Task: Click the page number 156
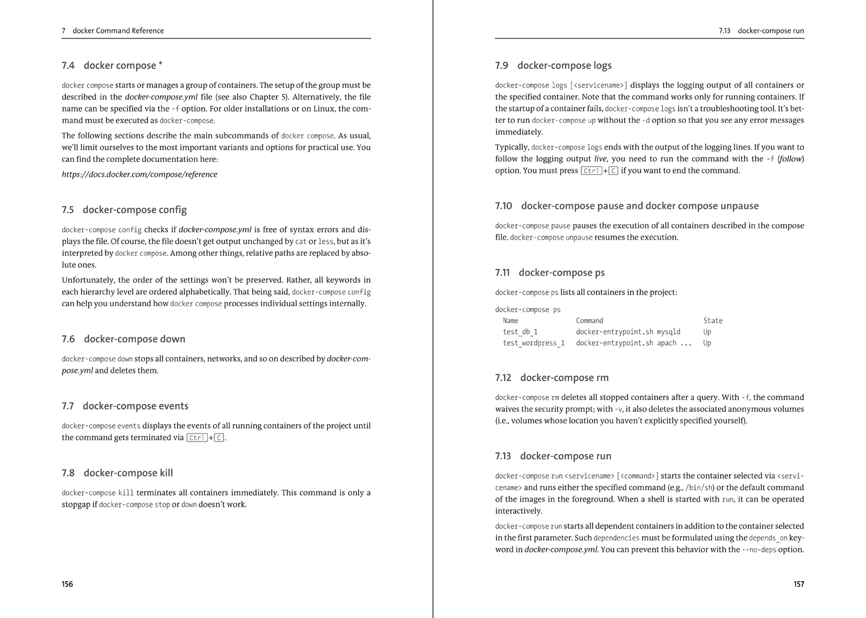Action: click(x=67, y=584)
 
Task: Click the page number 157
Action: click(x=798, y=584)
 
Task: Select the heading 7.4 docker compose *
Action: click(x=112, y=65)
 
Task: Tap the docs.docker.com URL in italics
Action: click(x=139, y=174)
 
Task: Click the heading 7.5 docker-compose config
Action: click(x=124, y=210)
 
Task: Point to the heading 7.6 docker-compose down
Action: click(x=123, y=339)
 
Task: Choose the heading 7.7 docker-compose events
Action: click(x=125, y=406)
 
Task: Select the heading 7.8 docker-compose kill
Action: click(x=117, y=473)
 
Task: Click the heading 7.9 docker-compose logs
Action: click(x=553, y=65)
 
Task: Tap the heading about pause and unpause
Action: click(x=627, y=206)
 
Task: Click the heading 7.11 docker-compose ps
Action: click(x=550, y=273)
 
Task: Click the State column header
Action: click(x=713, y=321)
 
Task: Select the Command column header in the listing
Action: click(x=589, y=321)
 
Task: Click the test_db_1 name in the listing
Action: click(x=520, y=332)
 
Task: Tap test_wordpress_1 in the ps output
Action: click(x=534, y=343)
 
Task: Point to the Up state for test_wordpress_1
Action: click(x=707, y=343)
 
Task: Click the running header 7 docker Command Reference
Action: click(x=113, y=31)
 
